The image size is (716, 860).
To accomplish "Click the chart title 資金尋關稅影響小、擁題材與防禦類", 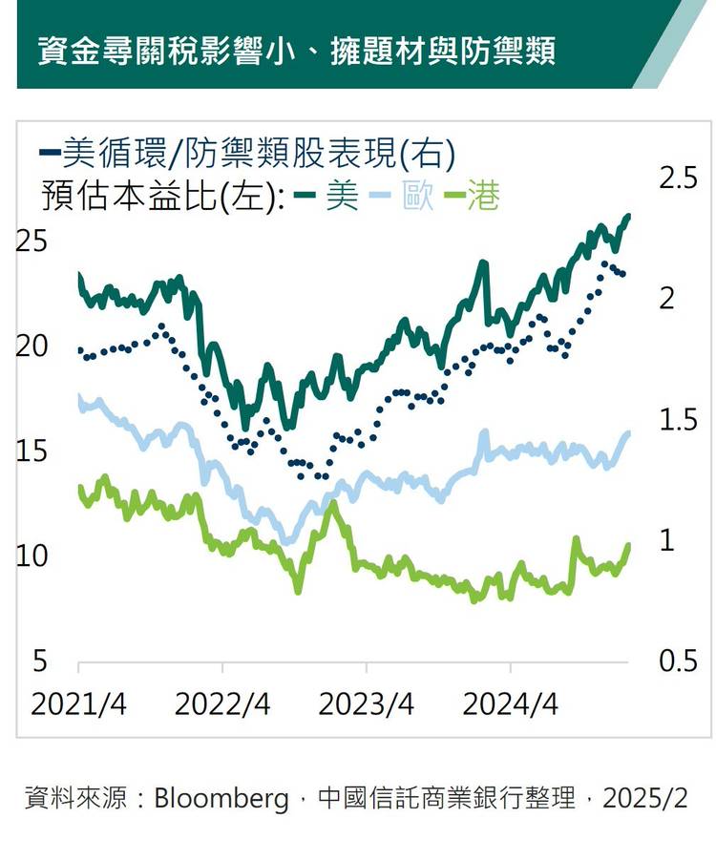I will click(297, 51).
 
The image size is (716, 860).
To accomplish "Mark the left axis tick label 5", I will click(40, 661).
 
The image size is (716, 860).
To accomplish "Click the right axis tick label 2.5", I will click(680, 178).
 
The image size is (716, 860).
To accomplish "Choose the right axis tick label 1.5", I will click(680, 419).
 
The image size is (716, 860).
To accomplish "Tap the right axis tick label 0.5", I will click(680, 661).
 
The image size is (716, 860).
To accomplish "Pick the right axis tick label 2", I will click(667, 299).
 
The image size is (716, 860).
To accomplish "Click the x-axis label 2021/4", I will click(78, 705).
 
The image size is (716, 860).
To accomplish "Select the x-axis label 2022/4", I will click(222, 705).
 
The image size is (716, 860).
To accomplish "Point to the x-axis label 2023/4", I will click(366, 705).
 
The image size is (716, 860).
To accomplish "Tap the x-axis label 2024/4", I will click(510, 705).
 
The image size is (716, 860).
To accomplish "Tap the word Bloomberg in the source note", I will click(221, 797).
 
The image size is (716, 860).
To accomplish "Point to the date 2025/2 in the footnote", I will click(644, 797).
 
